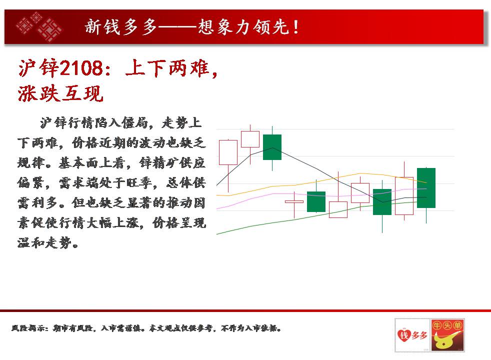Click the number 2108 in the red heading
[x=81, y=68]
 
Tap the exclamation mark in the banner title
[x=296, y=27]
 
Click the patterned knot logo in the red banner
[x=38, y=26]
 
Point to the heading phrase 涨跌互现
[x=60, y=93]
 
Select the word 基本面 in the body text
[x=78, y=163]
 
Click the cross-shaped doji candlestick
[x=294, y=201]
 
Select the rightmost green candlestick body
[x=426, y=188]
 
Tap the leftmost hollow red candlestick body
[x=228, y=152]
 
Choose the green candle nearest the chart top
[x=272, y=147]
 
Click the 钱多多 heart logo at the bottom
[x=412, y=335]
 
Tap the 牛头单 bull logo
[x=447, y=335]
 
